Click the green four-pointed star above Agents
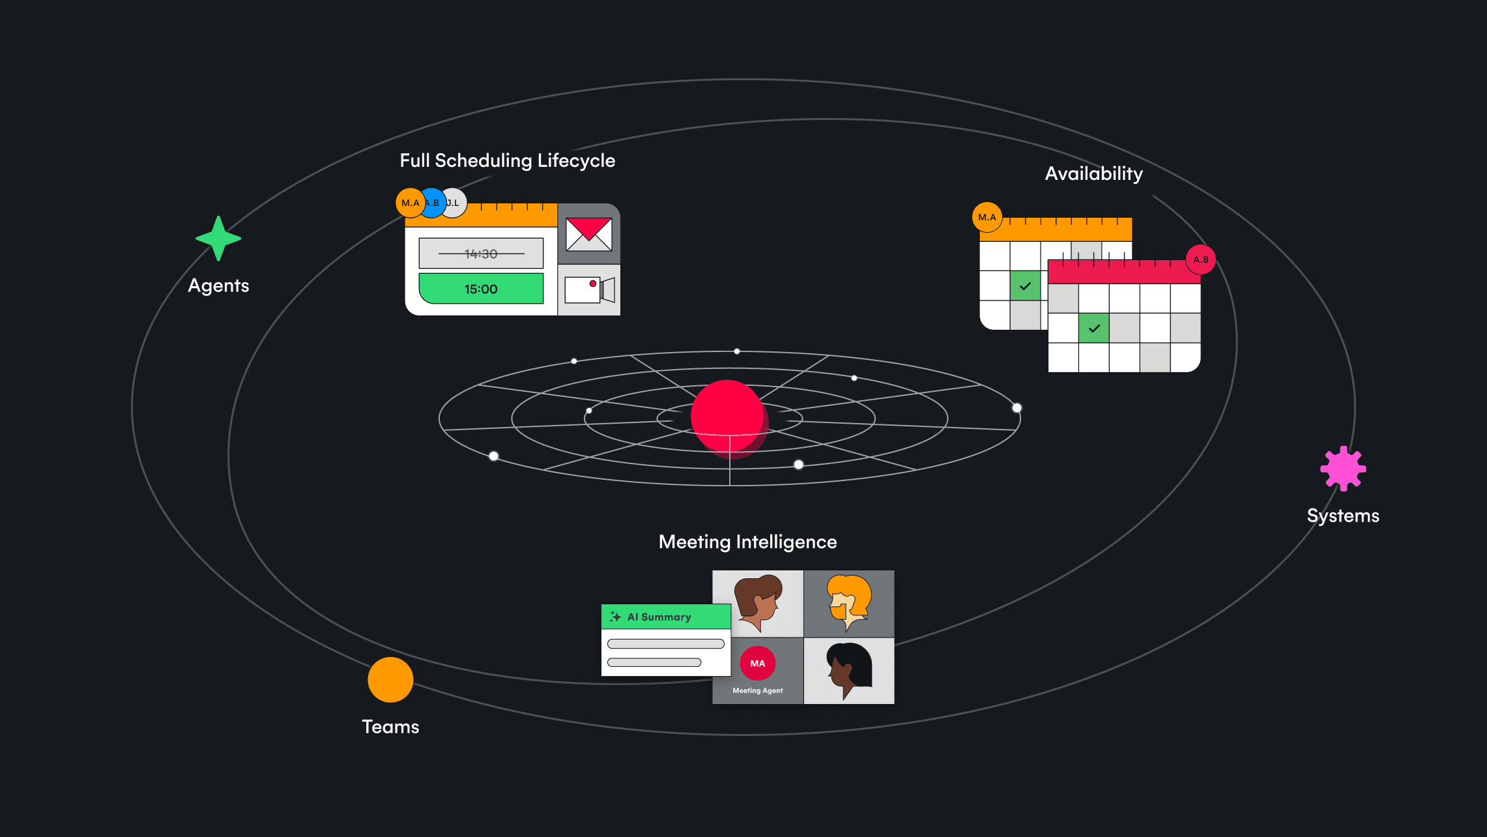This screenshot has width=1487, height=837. tap(218, 239)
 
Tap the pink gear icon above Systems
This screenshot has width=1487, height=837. tap(1343, 468)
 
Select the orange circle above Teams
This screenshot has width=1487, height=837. tap(390, 680)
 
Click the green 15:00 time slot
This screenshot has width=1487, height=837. tap(481, 289)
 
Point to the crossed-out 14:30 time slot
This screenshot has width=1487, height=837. tap(481, 254)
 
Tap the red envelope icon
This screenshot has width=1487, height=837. tap(589, 235)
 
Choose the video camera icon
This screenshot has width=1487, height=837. tap(590, 290)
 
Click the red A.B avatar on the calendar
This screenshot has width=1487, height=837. tap(1201, 259)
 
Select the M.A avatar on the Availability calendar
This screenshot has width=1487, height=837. tap(987, 217)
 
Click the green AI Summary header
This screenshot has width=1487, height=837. tap(666, 617)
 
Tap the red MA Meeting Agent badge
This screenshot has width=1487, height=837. tap(757, 664)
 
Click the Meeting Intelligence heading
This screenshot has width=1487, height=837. tap(747, 542)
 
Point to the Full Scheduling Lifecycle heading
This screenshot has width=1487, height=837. tap(508, 160)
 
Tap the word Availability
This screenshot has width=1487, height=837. tap(1094, 173)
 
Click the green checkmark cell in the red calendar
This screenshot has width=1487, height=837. tap(1094, 328)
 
